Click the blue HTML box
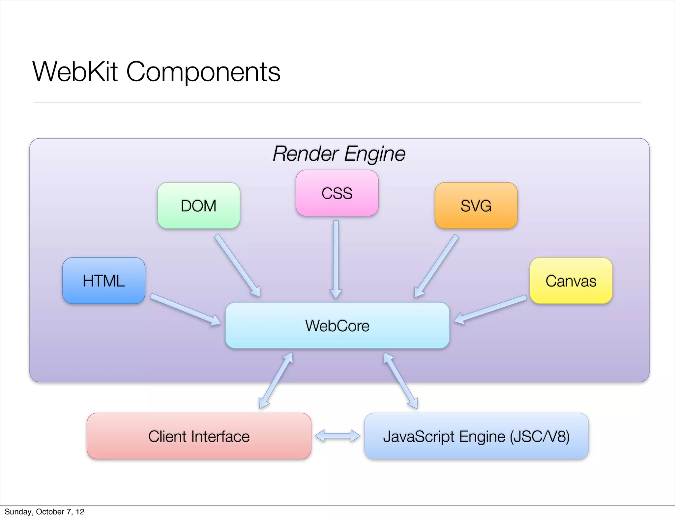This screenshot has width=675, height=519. (103, 281)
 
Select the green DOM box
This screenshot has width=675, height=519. (198, 205)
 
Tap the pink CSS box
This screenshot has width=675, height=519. (337, 193)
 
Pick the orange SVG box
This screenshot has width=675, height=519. (476, 205)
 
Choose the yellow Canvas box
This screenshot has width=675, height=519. (571, 281)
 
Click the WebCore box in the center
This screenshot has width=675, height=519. (337, 325)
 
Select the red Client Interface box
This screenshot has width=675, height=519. (199, 436)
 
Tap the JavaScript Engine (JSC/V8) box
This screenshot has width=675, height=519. (476, 436)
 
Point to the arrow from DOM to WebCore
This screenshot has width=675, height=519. (237, 265)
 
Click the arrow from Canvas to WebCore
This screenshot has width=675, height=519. (490, 310)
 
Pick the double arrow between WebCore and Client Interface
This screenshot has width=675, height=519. (276, 381)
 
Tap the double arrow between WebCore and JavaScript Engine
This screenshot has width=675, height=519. (401, 381)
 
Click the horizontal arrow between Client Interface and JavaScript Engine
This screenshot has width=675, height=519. (337, 436)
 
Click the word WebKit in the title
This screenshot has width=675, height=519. (75, 72)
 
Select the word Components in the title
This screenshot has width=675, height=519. (203, 72)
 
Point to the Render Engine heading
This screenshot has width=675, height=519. (339, 153)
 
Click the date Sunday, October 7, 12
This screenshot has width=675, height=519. (44, 512)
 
